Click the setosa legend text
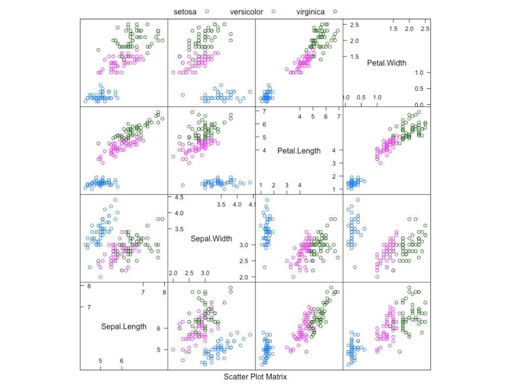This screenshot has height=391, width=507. click(185, 11)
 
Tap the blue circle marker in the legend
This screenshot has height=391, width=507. click(208, 11)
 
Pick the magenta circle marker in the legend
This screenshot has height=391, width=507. click(273, 11)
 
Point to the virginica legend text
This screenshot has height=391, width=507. click(310, 11)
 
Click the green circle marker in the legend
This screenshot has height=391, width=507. click(335, 11)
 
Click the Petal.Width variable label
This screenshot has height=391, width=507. click(387, 63)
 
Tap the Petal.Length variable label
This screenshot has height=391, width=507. click(299, 151)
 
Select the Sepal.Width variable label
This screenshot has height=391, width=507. click(211, 239)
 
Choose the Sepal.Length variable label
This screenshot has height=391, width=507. click(124, 326)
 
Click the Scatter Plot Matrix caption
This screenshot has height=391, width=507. click(255, 377)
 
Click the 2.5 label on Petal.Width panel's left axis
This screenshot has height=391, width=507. click(354, 25)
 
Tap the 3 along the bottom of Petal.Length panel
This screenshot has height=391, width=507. click(287, 185)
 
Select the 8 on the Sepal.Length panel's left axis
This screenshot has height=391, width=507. click(89, 286)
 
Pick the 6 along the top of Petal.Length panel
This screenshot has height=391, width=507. click(326, 116)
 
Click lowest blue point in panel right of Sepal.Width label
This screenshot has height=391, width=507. click(264, 267)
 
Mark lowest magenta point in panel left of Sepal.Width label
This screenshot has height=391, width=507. click(100, 277)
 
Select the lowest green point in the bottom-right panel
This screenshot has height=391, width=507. click(400, 352)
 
